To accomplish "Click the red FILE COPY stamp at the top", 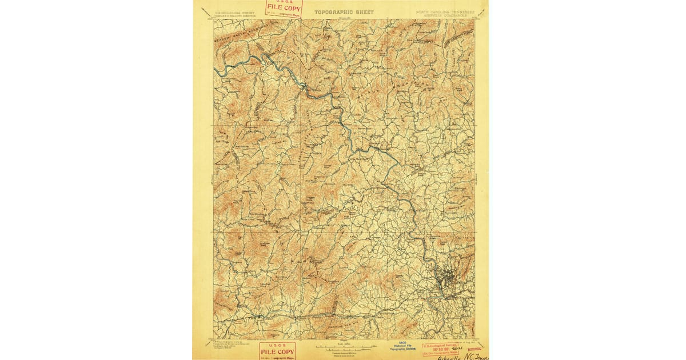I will [282, 9].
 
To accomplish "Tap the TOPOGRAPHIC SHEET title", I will [344, 11].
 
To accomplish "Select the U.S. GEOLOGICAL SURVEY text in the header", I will [233, 11].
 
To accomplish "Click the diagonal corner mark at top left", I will [204, 10].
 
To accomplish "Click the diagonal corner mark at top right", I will [483, 9].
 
